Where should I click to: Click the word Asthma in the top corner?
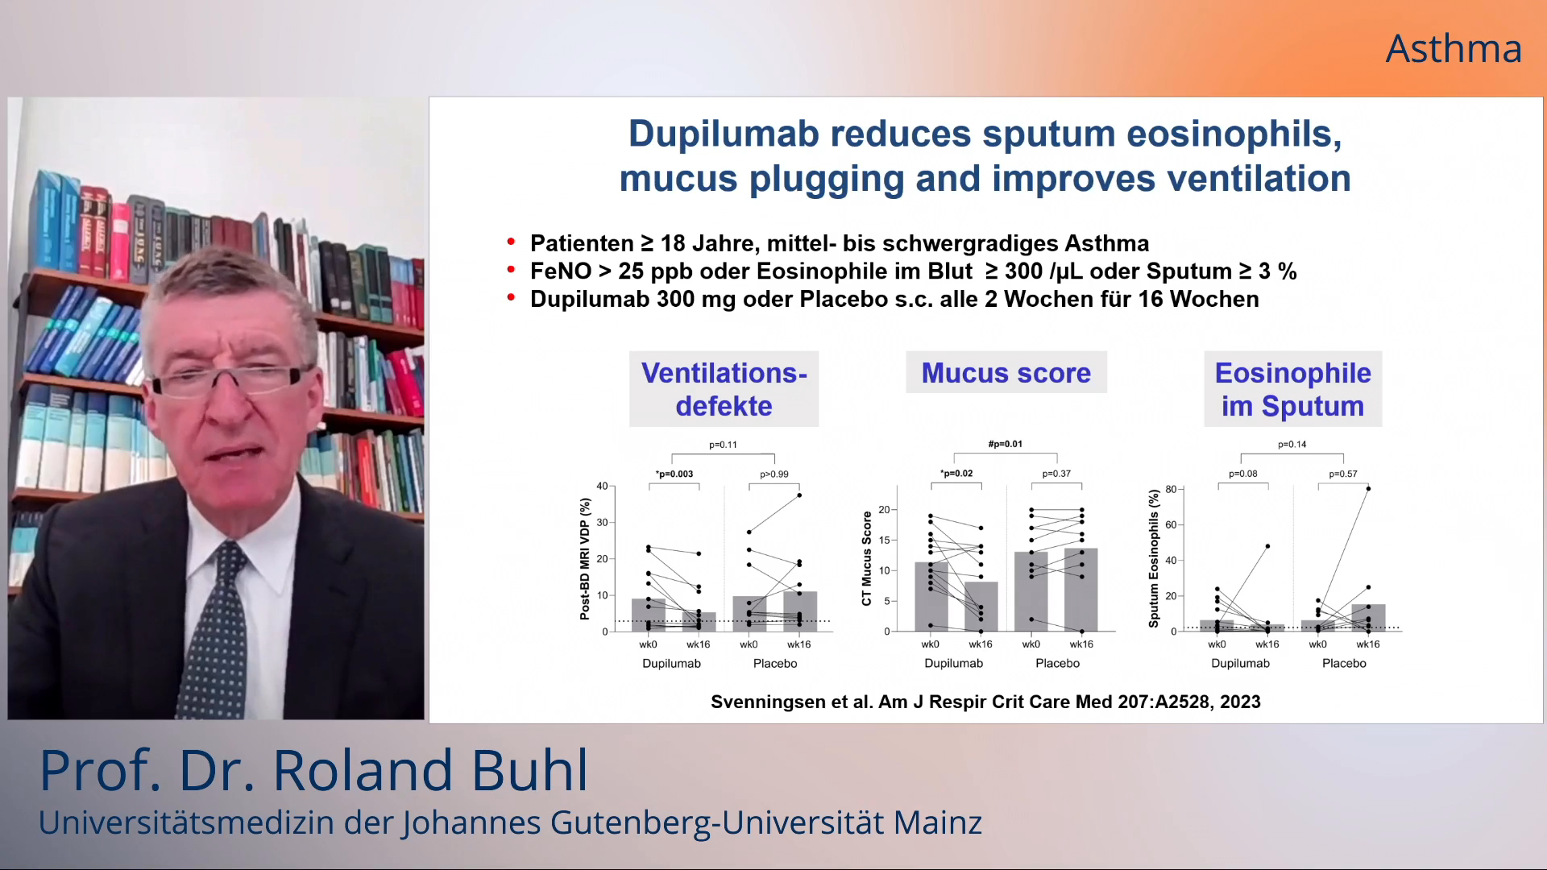[1454, 49]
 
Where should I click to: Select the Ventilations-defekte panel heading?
[724, 389]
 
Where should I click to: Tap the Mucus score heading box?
[1006, 373]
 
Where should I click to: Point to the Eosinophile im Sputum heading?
[1292, 389]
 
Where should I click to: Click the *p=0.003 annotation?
[674, 474]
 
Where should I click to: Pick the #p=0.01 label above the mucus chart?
[1006, 444]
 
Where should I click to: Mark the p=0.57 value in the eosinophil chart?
[1343, 474]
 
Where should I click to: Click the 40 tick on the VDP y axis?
[602, 486]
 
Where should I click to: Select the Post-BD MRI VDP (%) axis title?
[585, 558]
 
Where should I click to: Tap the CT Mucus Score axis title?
[867, 558]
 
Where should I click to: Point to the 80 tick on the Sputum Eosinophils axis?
[1171, 489]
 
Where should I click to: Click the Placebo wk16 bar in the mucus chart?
[1081, 590]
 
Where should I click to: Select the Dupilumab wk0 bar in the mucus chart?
[931, 597]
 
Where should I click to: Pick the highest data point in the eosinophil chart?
[1368, 489]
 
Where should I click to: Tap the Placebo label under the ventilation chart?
[775, 664]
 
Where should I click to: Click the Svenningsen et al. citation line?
[985, 702]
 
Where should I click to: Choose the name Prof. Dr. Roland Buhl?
[314, 770]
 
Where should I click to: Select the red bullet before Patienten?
[511, 242]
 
